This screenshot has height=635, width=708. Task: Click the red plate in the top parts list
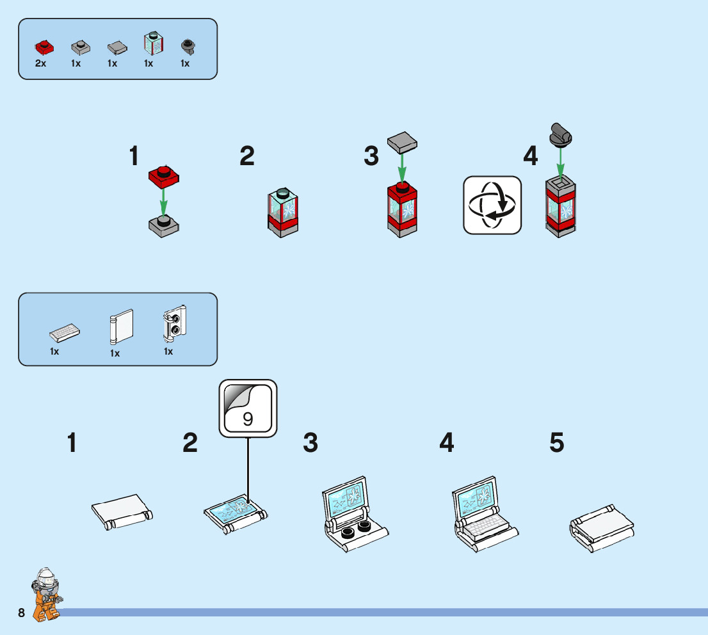pos(44,46)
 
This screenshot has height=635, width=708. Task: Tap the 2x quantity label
pos(40,63)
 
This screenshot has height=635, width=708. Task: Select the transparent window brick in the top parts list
pos(154,44)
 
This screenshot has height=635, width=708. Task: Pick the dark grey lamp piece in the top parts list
pos(188,45)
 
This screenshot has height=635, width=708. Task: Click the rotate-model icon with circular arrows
pos(492,205)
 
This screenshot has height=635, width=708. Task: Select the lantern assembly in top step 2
pos(282,213)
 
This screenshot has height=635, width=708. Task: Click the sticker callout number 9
pos(248,419)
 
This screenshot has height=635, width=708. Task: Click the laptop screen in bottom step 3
pos(346,497)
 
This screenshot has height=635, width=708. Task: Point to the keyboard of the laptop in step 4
pos(485,526)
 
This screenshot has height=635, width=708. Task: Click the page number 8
pos(22,613)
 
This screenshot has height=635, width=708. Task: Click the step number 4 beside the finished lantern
pos(531,156)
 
